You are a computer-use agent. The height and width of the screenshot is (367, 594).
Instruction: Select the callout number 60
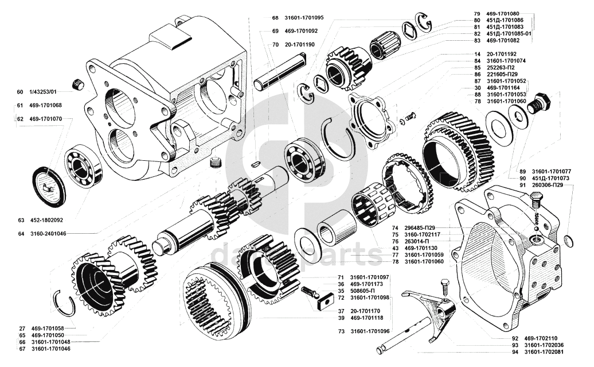pos(20,92)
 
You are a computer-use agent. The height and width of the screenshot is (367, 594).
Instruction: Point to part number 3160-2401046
pos(49,234)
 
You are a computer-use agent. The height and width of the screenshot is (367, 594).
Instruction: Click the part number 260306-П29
pos(553,186)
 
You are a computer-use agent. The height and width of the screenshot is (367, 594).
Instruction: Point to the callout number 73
pos(341,331)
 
